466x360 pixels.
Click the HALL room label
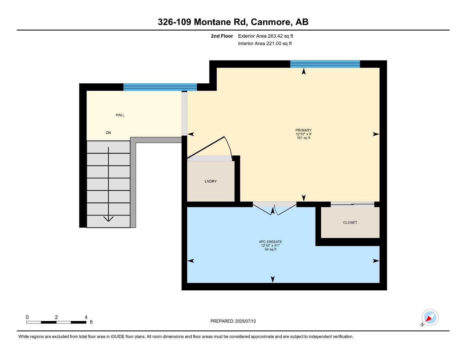(120, 115)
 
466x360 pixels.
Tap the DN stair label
(108, 133)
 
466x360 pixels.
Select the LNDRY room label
(210, 181)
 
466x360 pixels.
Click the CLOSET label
(350, 223)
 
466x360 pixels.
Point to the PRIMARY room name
(304, 130)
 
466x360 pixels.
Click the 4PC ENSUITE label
(270, 242)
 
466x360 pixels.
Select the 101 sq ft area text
(304, 138)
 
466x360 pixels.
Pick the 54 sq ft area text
(270, 250)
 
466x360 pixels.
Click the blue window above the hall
(160, 87)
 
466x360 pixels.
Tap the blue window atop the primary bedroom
(325, 64)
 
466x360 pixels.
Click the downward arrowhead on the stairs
(108, 219)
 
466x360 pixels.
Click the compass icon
(430, 318)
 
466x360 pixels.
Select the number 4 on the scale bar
(86, 317)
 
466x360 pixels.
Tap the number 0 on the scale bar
(27, 317)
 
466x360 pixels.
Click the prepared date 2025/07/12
(245, 321)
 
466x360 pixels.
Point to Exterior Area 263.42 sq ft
(266, 36)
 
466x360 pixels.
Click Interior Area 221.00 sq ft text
(265, 44)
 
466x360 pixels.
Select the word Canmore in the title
(271, 22)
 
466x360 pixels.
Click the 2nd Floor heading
(222, 36)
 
